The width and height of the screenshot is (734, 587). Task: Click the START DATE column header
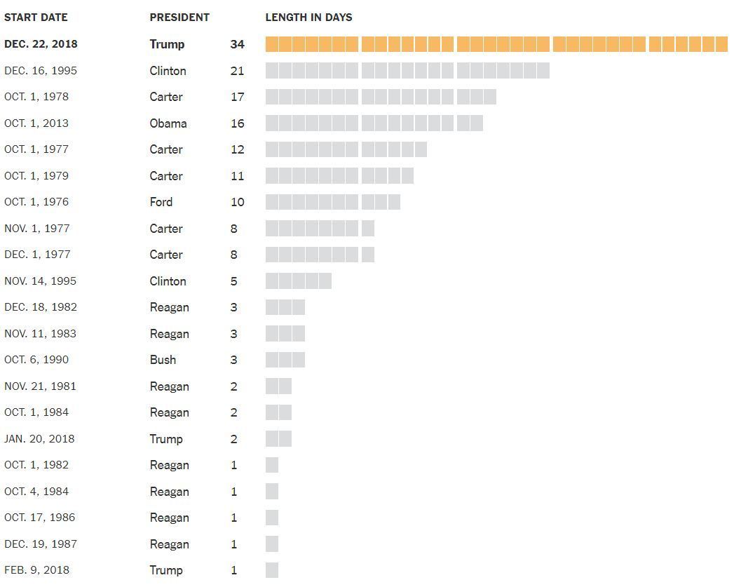(x=36, y=17)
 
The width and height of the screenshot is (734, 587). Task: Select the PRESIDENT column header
(x=179, y=17)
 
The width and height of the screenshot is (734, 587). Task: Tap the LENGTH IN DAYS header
(x=308, y=17)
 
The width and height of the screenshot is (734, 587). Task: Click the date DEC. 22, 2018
(x=41, y=44)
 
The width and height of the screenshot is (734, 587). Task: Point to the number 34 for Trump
(x=237, y=44)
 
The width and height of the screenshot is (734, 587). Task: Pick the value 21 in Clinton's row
(x=237, y=71)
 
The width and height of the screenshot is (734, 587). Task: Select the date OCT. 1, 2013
(x=36, y=123)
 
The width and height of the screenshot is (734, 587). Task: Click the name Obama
(x=168, y=123)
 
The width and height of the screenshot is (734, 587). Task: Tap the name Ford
(x=161, y=202)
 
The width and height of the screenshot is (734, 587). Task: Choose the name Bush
(x=163, y=360)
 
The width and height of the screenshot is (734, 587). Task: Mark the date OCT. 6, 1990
(x=36, y=360)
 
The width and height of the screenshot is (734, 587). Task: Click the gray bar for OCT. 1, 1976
(x=333, y=202)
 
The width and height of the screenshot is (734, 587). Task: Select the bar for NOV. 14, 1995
(x=298, y=281)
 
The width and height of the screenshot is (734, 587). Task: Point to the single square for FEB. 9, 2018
(x=272, y=570)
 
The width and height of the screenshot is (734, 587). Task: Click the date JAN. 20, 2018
(x=39, y=439)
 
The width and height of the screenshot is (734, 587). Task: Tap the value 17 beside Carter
(x=237, y=97)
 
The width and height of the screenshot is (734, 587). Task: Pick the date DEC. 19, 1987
(x=41, y=544)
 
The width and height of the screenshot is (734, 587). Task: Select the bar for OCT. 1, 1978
(x=381, y=97)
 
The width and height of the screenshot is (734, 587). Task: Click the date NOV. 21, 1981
(x=40, y=386)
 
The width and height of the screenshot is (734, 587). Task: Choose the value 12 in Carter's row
(x=237, y=149)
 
